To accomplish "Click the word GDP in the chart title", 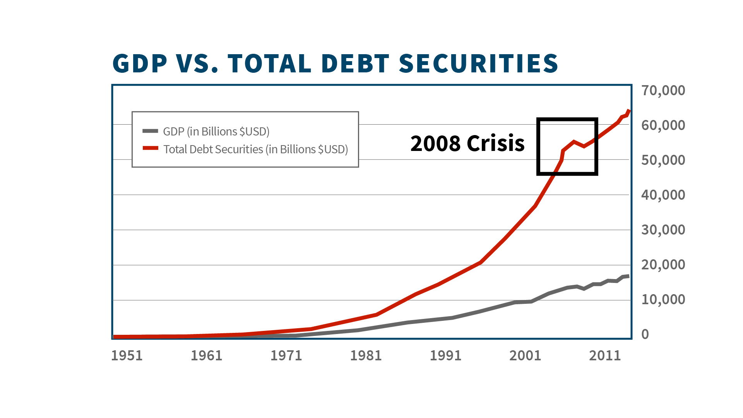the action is pyautogui.click(x=140, y=63).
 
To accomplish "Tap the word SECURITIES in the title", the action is pyautogui.click(x=478, y=63).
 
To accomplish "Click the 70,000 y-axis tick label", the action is pyautogui.click(x=663, y=90).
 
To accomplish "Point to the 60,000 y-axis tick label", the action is pyautogui.click(x=663, y=125).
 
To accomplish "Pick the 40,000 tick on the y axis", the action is pyautogui.click(x=663, y=195).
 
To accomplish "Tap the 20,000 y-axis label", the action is pyautogui.click(x=663, y=264).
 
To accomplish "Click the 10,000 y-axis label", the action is pyautogui.click(x=663, y=299).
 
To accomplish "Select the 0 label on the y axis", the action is pyautogui.click(x=645, y=334).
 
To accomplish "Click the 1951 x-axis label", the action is pyautogui.click(x=127, y=355).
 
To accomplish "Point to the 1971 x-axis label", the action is pyautogui.click(x=286, y=355).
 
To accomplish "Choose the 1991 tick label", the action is pyautogui.click(x=445, y=355).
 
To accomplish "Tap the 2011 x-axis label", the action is pyautogui.click(x=605, y=355).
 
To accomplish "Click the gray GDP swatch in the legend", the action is pyautogui.click(x=150, y=131).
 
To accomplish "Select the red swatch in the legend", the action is pyautogui.click(x=150, y=148).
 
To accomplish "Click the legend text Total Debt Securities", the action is pyautogui.click(x=213, y=149).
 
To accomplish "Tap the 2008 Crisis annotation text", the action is pyautogui.click(x=467, y=143).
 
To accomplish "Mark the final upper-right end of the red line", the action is pyautogui.click(x=629, y=111).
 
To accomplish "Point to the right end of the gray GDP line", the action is pyautogui.click(x=629, y=276).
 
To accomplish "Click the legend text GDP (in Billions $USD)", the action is pyautogui.click(x=216, y=132).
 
